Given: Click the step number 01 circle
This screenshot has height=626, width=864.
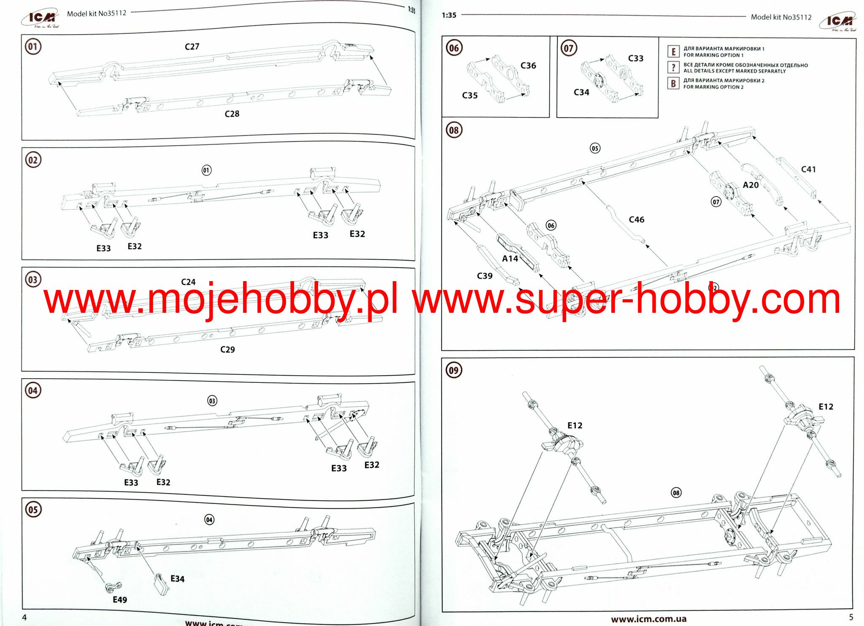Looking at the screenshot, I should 33,46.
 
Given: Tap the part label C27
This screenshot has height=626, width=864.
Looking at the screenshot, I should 192,46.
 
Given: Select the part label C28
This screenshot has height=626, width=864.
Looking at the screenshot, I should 232,114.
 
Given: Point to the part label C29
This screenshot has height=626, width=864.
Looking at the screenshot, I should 227,350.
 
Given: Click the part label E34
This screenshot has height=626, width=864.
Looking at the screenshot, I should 177,579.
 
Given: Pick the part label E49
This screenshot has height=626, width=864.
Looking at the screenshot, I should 120,600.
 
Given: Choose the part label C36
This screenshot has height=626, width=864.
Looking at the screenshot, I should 528,65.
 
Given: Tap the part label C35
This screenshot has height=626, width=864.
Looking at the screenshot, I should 470,95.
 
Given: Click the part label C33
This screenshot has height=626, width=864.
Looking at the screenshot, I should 636,58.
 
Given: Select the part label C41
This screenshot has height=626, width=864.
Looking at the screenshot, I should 808,169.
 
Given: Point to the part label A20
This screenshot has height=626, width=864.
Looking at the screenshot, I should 751,185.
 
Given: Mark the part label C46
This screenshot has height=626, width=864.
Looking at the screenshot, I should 637,220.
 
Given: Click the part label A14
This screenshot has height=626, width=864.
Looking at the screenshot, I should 510,259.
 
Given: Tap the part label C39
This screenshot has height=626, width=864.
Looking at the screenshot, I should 485,276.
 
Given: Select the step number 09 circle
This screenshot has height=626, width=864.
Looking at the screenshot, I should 454,370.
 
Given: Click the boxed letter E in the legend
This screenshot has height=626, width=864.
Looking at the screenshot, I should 673,52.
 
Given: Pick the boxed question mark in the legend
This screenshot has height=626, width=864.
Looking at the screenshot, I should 673,68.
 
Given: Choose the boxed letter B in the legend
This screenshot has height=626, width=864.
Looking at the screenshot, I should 673,84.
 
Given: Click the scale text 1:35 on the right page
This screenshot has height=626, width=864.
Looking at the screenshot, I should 449,15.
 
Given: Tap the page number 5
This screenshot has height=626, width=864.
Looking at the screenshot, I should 851,617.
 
